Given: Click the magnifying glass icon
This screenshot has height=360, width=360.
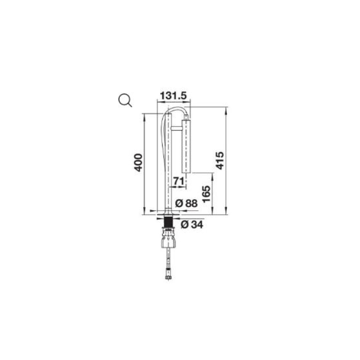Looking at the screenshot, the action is click(x=125, y=100).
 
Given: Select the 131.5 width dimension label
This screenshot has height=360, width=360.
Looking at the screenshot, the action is click(x=173, y=95).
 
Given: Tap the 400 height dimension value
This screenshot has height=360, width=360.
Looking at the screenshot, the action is click(x=138, y=163).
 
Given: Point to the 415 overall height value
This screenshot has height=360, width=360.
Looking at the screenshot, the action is click(x=220, y=161).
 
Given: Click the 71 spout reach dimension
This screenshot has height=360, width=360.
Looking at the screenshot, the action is click(x=179, y=181).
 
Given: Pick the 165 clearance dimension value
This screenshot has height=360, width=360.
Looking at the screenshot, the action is click(x=207, y=194).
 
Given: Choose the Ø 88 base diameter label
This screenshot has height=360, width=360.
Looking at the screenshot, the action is click(x=186, y=203).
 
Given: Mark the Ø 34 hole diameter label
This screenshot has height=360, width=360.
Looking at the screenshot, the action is click(x=192, y=225).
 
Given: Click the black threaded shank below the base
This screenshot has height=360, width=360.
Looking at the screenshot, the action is click(x=169, y=221).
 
